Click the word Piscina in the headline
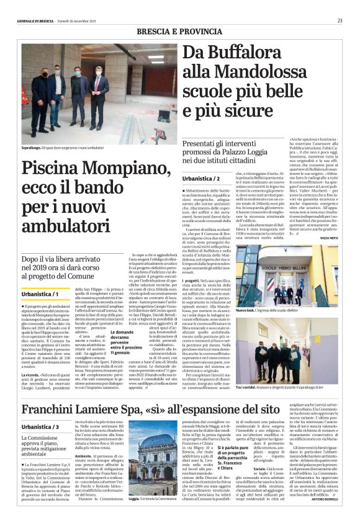tap(56, 169)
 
